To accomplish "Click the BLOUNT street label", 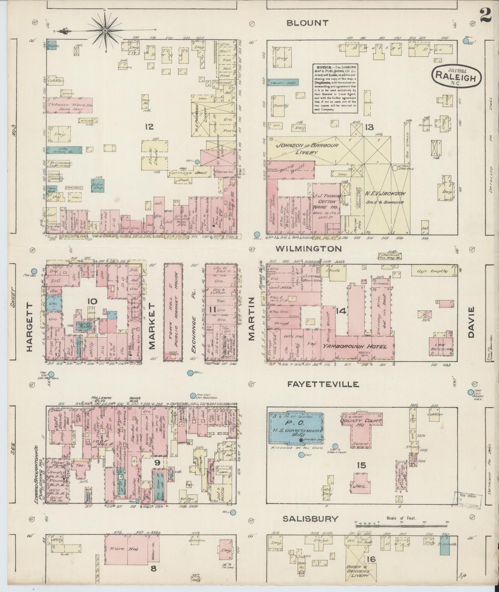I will coord(307,23).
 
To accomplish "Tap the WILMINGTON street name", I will coord(309,249).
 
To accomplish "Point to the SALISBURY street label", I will coord(310,518).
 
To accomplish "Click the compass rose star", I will coord(105,31).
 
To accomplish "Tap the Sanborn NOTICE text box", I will coord(335,88).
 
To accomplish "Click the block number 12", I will coord(149,127).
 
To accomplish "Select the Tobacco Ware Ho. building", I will coord(69,105).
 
